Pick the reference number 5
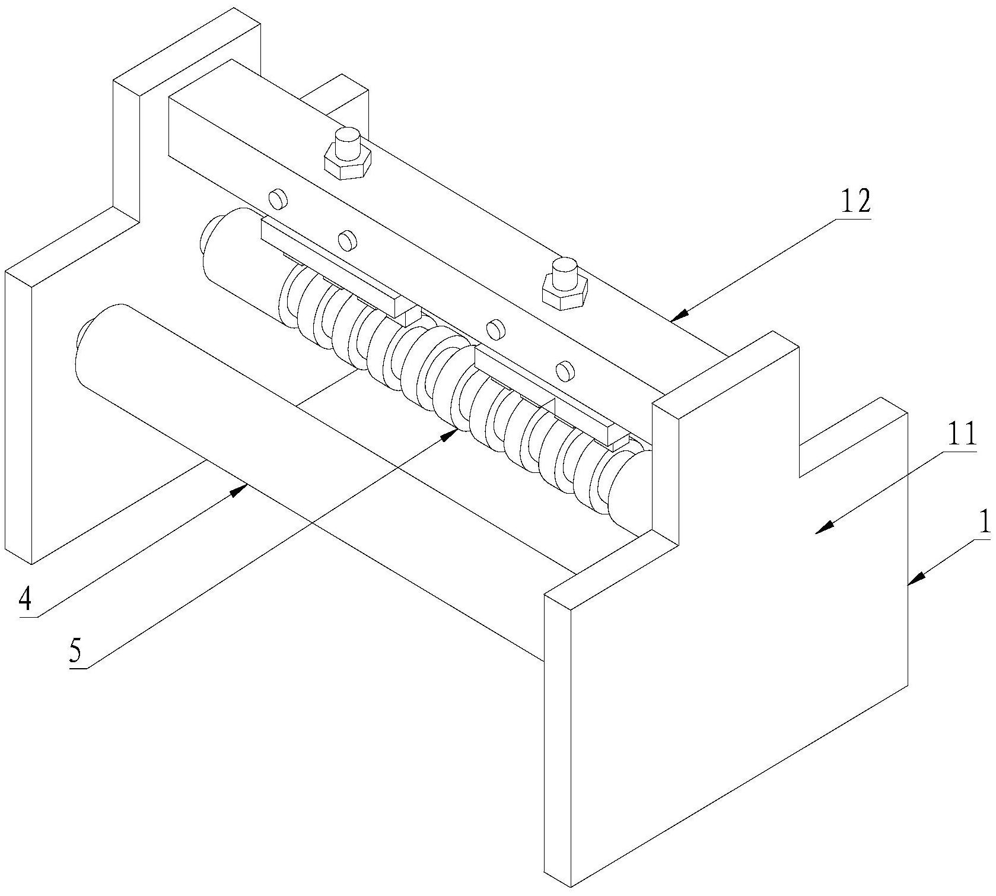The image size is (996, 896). tap(75, 652)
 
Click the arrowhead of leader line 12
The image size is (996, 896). tap(679, 314)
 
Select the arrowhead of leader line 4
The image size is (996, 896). tap(242, 488)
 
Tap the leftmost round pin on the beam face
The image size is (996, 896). tap(276, 198)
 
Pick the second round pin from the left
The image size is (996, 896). tap(346, 239)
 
